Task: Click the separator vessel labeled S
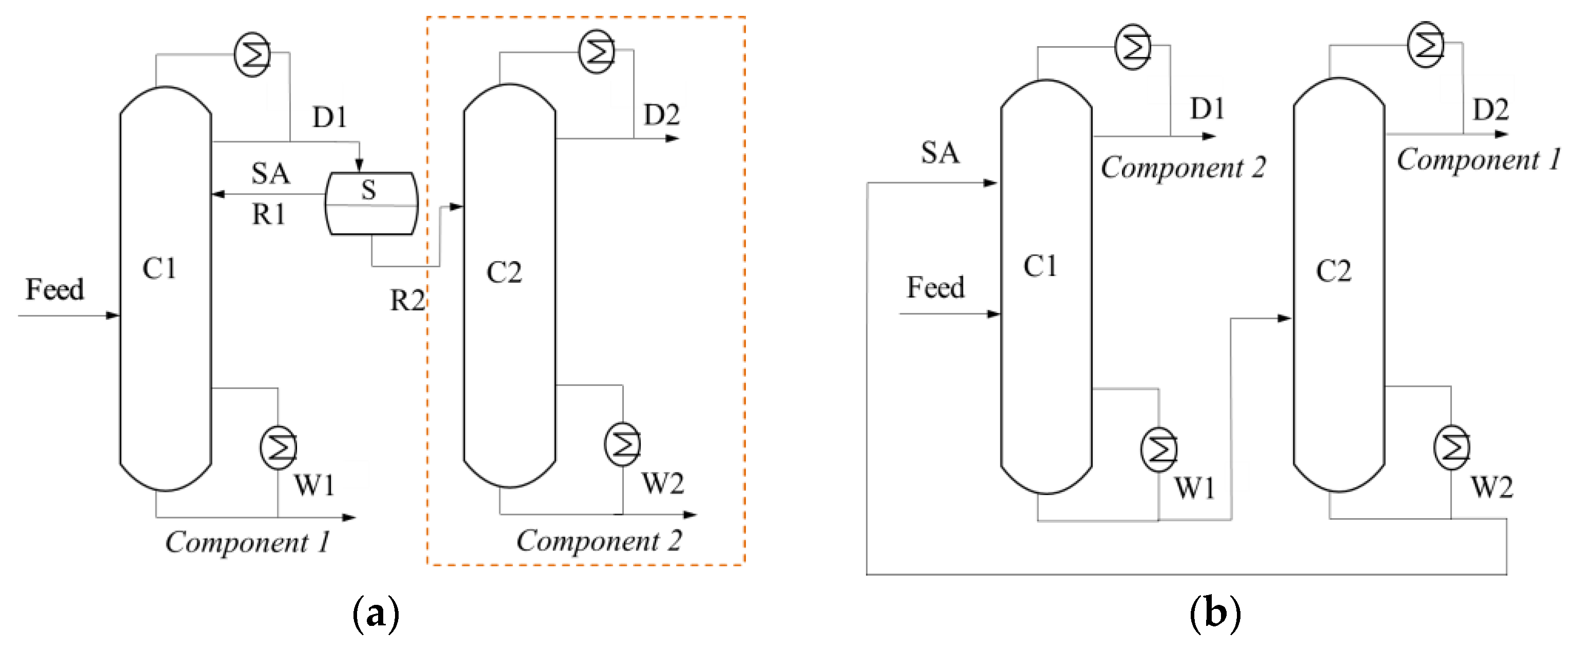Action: point(371,204)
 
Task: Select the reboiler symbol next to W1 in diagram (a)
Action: point(279,447)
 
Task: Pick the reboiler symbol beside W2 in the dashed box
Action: point(622,444)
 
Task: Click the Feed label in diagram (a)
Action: point(54,289)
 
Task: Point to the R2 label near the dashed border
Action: point(407,301)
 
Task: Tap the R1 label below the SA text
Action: point(269,215)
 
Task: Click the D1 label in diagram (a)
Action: point(330,117)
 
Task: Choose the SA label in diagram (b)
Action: point(940,152)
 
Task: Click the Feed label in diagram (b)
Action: point(935,288)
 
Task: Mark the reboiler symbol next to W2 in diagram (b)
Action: point(1451,448)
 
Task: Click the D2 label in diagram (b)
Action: point(1490,110)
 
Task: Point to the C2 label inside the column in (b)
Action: point(1334,271)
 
